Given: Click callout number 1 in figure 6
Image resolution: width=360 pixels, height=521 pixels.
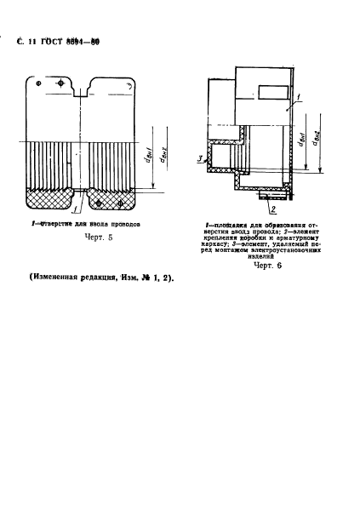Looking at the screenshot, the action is coord(289,100).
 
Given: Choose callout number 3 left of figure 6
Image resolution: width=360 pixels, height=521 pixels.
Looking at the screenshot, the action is coord(200,158).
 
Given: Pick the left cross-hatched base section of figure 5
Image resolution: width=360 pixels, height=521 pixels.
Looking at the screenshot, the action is coord(49,200).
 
